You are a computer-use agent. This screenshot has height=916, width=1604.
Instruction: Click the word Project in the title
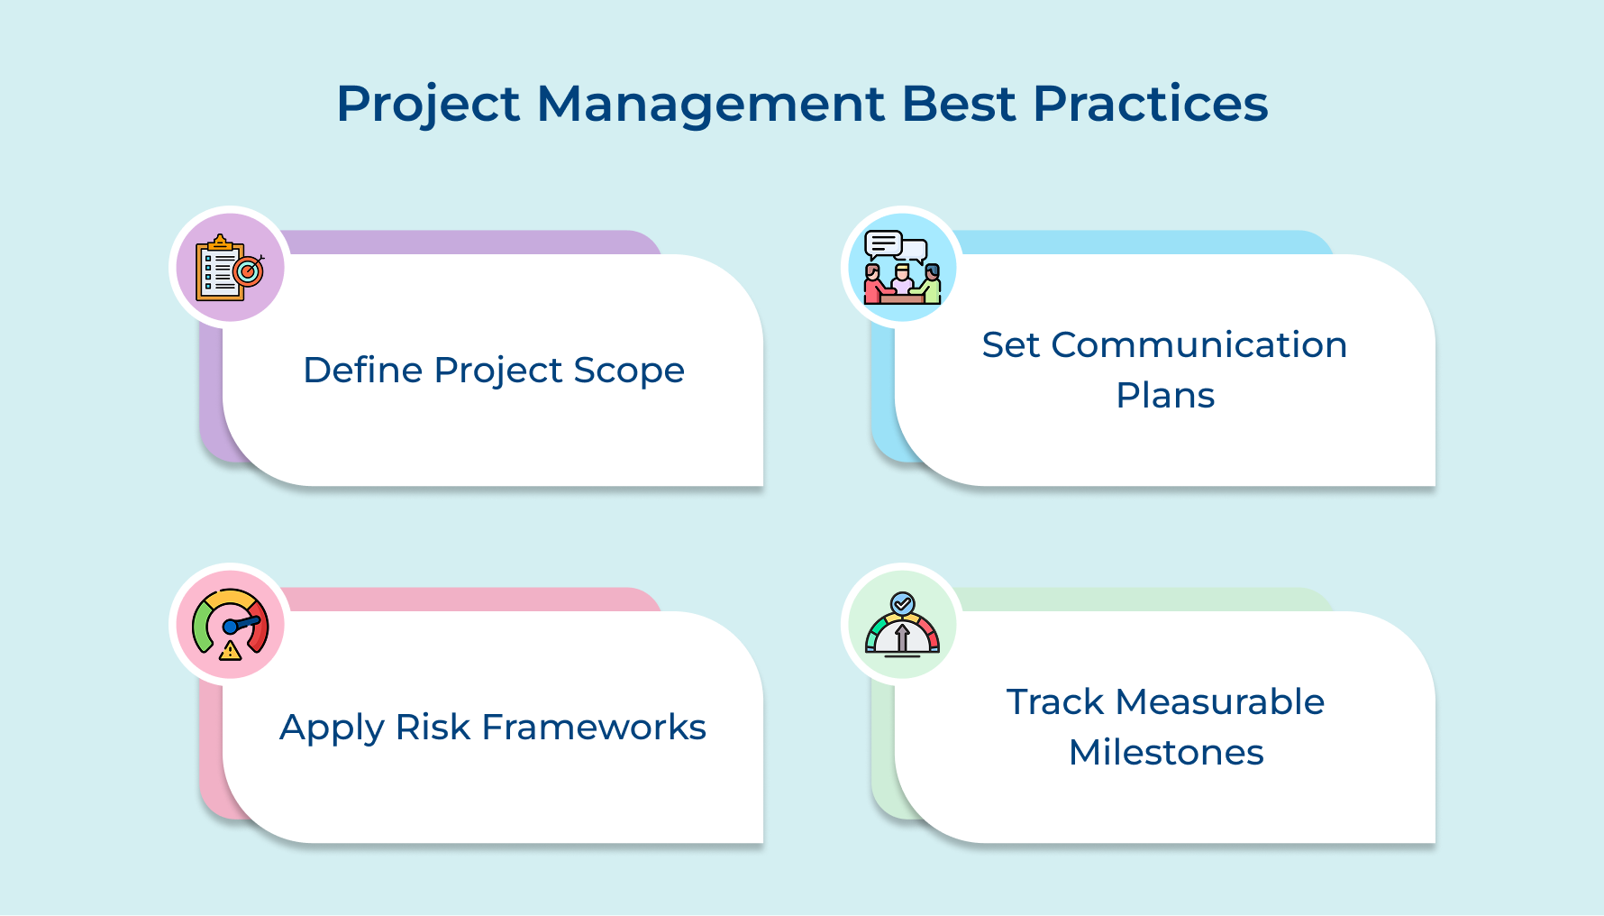pyautogui.click(x=428, y=105)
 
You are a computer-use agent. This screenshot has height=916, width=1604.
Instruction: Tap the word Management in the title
pyautogui.click(x=711, y=105)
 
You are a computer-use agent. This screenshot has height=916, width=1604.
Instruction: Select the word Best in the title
pyautogui.click(x=959, y=105)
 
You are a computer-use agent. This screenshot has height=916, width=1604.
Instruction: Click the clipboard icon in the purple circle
pyautogui.click(x=230, y=268)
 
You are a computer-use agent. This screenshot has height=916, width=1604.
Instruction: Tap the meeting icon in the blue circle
pyautogui.click(x=902, y=268)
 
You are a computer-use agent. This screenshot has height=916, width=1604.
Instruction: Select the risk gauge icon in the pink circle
pyautogui.click(x=230, y=624)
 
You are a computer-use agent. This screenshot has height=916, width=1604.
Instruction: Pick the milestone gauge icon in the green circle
pyautogui.click(x=902, y=624)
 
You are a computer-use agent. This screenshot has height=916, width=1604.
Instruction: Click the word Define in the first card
pyautogui.click(x=362, y=371)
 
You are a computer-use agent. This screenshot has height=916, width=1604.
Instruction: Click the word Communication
pyautogui.click(x=1198, y=345)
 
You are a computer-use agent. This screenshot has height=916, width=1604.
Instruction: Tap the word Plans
pyautogui.click(x=1165, y=396)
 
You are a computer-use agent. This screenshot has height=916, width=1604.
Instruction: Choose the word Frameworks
pyautogui.click(x=594, y=728)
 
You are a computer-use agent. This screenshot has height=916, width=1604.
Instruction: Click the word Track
pyautogui.click(x=1054, y=702)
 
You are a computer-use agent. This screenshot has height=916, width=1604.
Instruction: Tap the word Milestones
pyautogui.click(x=1166, y=753)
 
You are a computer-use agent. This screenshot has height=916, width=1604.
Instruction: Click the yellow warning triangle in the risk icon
pyautogui.click(x=231, y=650)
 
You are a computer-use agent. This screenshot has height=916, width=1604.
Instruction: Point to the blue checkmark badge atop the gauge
pyautogui.click(x=902, y=603)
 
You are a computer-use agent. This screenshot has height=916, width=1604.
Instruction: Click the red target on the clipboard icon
pyautogui.click(x=248, y=270)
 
